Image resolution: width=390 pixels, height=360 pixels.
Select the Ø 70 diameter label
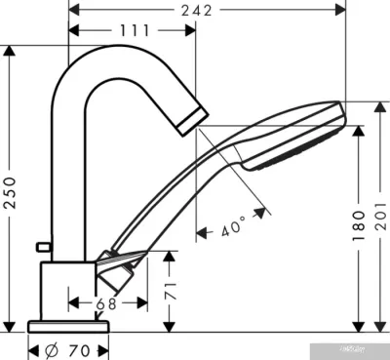tap(67, 346)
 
